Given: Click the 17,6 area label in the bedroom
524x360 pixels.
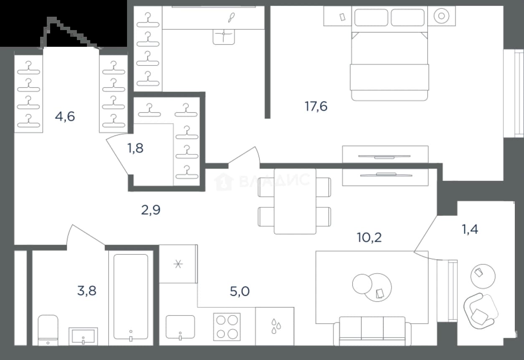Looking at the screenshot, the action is tap(316, 106).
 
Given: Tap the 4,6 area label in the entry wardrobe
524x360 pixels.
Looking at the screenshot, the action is tap(65, 117).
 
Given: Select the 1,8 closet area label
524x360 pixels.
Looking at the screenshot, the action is tap(135, 148).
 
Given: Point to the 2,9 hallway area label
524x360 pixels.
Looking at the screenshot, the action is tap(151, 210).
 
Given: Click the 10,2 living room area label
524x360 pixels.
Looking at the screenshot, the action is tap(369, 238).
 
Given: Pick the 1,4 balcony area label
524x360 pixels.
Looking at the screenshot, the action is tap(470, 229).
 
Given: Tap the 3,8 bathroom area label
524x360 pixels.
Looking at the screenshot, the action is tap(86, 291).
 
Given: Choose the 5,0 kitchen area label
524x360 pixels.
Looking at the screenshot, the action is tap(240, 291).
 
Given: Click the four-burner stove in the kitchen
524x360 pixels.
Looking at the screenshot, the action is tap(226, 327).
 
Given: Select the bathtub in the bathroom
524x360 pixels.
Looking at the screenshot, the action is tap(131, 297).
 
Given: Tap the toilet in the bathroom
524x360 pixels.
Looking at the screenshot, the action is tap(48, 330).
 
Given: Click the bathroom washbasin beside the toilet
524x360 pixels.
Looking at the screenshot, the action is tap(83, 336).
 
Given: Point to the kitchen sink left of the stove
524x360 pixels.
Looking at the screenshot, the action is tap(180, 327).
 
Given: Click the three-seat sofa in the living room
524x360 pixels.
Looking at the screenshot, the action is tap(372, 331).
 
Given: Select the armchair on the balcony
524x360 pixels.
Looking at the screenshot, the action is tap(481, 311).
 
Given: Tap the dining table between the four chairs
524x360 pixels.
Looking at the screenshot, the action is tap(295, 201).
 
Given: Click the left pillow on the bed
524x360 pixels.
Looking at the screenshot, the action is tap(371, 18).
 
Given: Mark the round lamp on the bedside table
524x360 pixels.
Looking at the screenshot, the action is tap(441, 16).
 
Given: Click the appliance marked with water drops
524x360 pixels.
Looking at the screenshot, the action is tap(275, 326).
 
